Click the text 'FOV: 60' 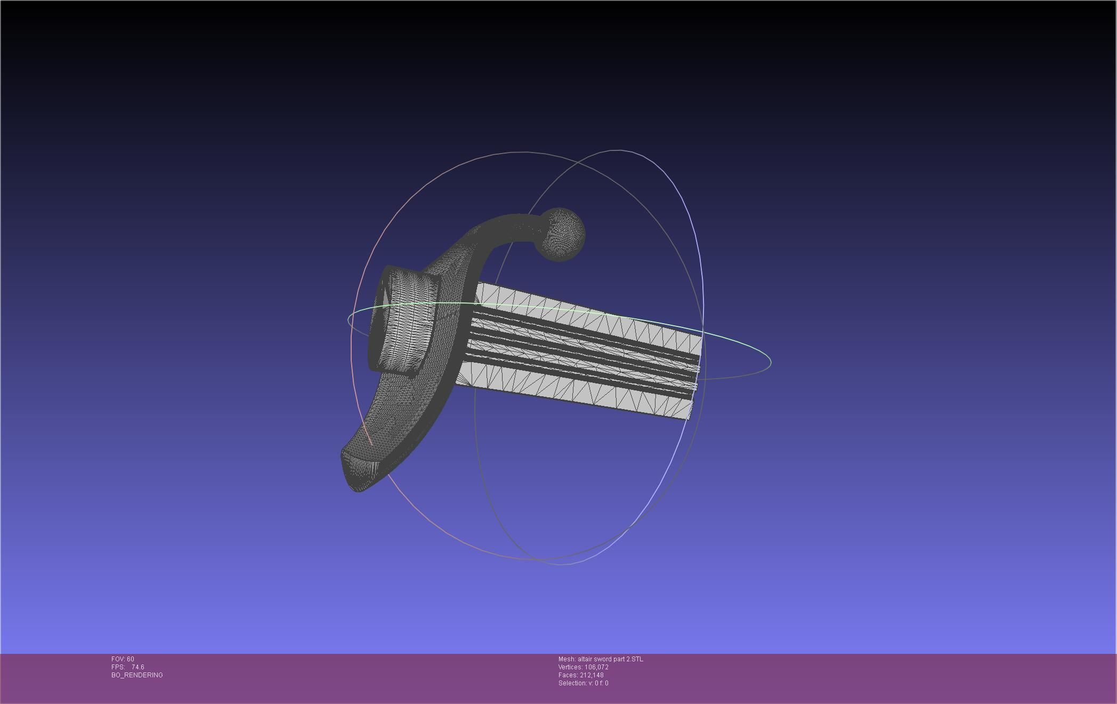click(123, 659)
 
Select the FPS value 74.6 click(137, 667)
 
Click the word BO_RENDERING click(137, 675)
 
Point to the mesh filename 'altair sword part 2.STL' click(610, 659)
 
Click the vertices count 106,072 click(596, 667)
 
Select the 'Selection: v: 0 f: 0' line click(583, 683)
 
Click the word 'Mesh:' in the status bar click(566, 659)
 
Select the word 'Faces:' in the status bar click(568, 675)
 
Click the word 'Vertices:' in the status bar click(570, 667)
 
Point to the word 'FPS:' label click(118, 667)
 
